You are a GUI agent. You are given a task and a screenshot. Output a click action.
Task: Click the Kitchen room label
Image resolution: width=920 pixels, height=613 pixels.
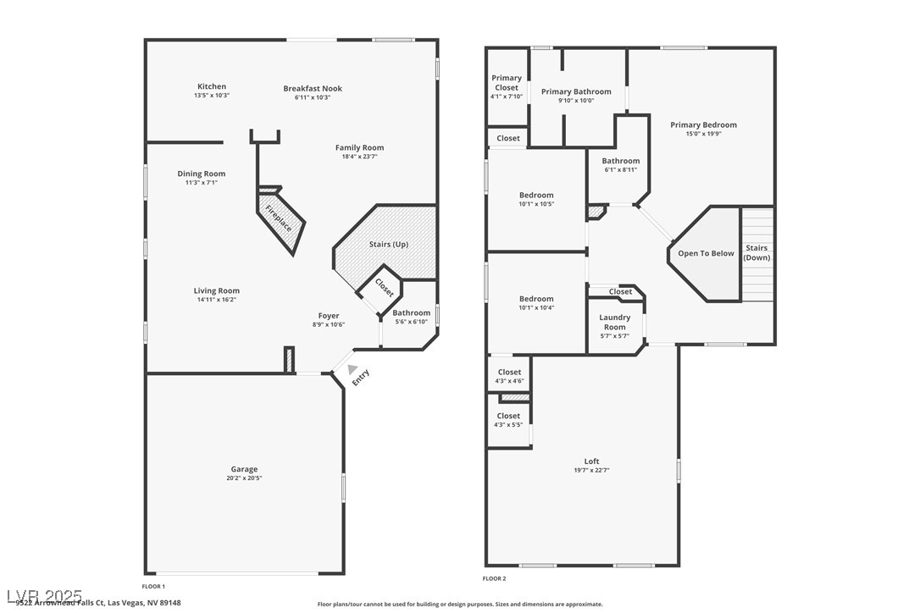click(x=211, y=86)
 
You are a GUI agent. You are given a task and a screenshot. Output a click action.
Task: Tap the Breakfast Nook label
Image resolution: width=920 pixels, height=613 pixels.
click(x=313, y=88)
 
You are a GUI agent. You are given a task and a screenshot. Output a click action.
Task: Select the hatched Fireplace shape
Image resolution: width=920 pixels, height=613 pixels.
click(x=280, y=218)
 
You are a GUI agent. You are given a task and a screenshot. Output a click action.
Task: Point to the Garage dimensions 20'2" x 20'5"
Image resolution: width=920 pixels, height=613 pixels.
click(x=244, y=478)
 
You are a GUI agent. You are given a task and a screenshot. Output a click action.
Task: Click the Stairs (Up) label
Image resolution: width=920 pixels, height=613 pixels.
click(x=388, y=245)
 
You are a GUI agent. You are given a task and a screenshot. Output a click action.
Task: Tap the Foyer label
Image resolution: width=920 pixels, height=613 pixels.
click(x=329, y=316)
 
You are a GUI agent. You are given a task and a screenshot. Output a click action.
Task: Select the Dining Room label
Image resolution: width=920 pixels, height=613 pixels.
click(x=202, y=174)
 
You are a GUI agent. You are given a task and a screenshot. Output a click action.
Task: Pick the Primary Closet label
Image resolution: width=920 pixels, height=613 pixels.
click(x=507, y=82)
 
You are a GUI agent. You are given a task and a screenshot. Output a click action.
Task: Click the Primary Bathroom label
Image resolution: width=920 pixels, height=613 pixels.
click(x=576, y=91)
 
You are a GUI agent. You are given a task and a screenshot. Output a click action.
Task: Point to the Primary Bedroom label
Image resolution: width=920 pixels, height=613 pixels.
click(x=703, y=124)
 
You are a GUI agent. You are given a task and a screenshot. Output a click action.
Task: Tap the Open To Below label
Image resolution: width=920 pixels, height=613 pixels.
click(x=706, y=253)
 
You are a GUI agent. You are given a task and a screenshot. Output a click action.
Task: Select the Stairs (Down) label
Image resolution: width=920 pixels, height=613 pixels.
click(x=757, y=252)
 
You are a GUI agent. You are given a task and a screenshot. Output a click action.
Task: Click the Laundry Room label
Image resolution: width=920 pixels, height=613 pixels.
click(x=614, y=322)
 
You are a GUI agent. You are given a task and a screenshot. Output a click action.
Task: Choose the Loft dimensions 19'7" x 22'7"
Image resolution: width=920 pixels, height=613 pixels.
click(x=591, y=471)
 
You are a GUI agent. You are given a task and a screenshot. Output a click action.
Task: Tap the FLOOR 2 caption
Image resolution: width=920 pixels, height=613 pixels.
click(x=494, y=579)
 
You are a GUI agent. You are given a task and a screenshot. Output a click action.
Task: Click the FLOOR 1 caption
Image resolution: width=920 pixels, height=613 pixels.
click(x=153, y=586)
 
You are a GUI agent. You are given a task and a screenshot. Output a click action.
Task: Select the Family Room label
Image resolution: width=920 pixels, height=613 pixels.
click(x=359, y=147)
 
